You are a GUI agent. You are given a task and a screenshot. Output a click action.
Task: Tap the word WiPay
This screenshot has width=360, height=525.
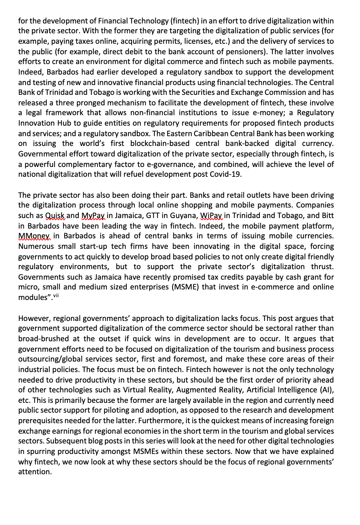click(x=212, y=216)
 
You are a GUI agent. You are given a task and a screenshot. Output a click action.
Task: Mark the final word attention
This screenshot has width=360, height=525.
click(x=35, y=472)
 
